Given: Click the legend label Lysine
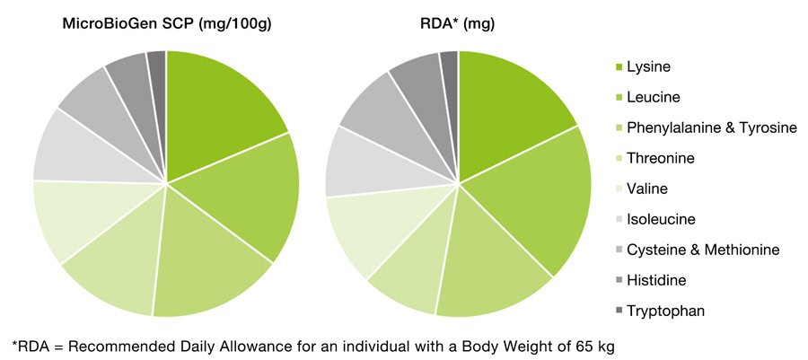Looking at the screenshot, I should [x=648, y=66].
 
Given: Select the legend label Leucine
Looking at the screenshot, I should [x=653, y=97].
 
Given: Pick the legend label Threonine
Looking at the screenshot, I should [x=660, y=158].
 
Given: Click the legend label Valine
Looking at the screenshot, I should [x=646, y=189].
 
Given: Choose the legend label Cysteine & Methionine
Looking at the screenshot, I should [x=703, y=250].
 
